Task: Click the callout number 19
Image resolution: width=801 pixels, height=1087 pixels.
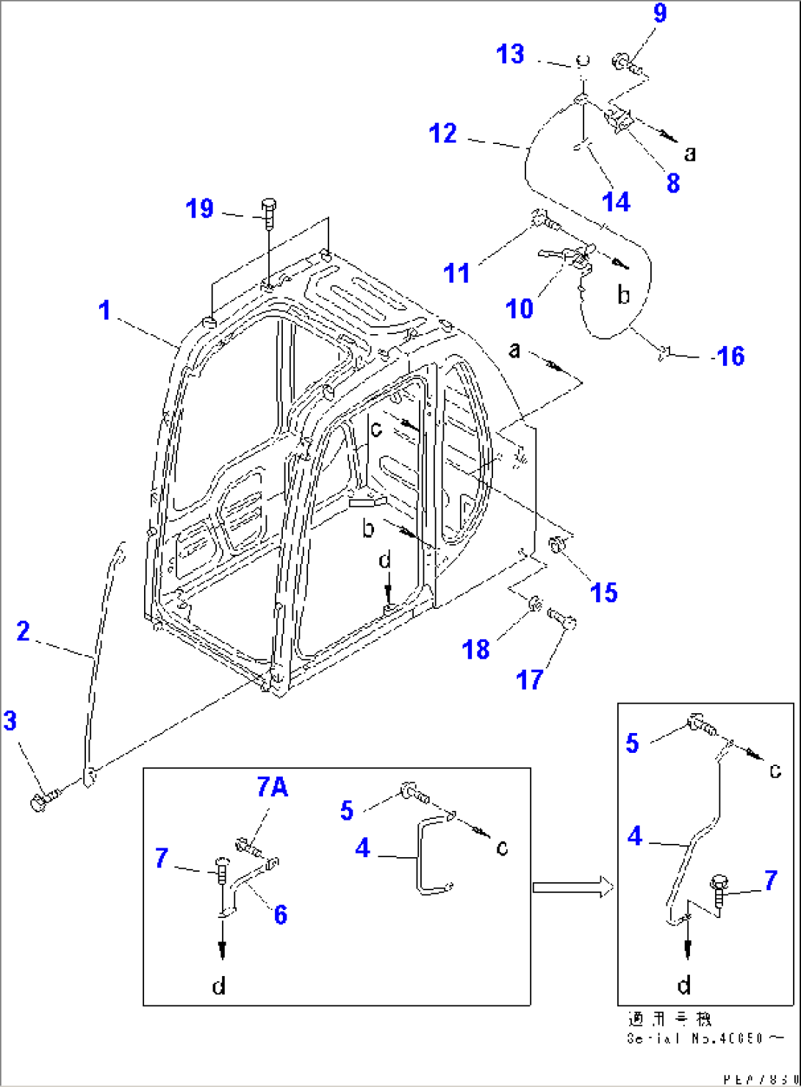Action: point(199,209)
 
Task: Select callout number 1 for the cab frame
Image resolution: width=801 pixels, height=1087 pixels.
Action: point(105,311)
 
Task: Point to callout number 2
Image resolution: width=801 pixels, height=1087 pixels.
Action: point(24,630)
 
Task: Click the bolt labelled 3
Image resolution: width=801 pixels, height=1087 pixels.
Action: point(40,801)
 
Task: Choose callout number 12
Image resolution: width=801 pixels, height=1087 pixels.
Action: point(442,134)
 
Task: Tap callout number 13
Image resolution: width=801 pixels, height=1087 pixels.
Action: point(510,54)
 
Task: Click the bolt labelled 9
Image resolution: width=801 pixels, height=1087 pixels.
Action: point(622,65)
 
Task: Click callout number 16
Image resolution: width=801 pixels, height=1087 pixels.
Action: point(730,356)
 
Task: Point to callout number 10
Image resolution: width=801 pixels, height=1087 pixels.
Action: point(520,308)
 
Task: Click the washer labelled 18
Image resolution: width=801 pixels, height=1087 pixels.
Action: point(536,604)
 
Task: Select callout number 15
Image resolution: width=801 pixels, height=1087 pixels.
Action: point(604,593)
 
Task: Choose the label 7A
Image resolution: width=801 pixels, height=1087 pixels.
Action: point(272,787)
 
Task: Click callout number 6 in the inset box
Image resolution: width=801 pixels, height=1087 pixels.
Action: point(280,914)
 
